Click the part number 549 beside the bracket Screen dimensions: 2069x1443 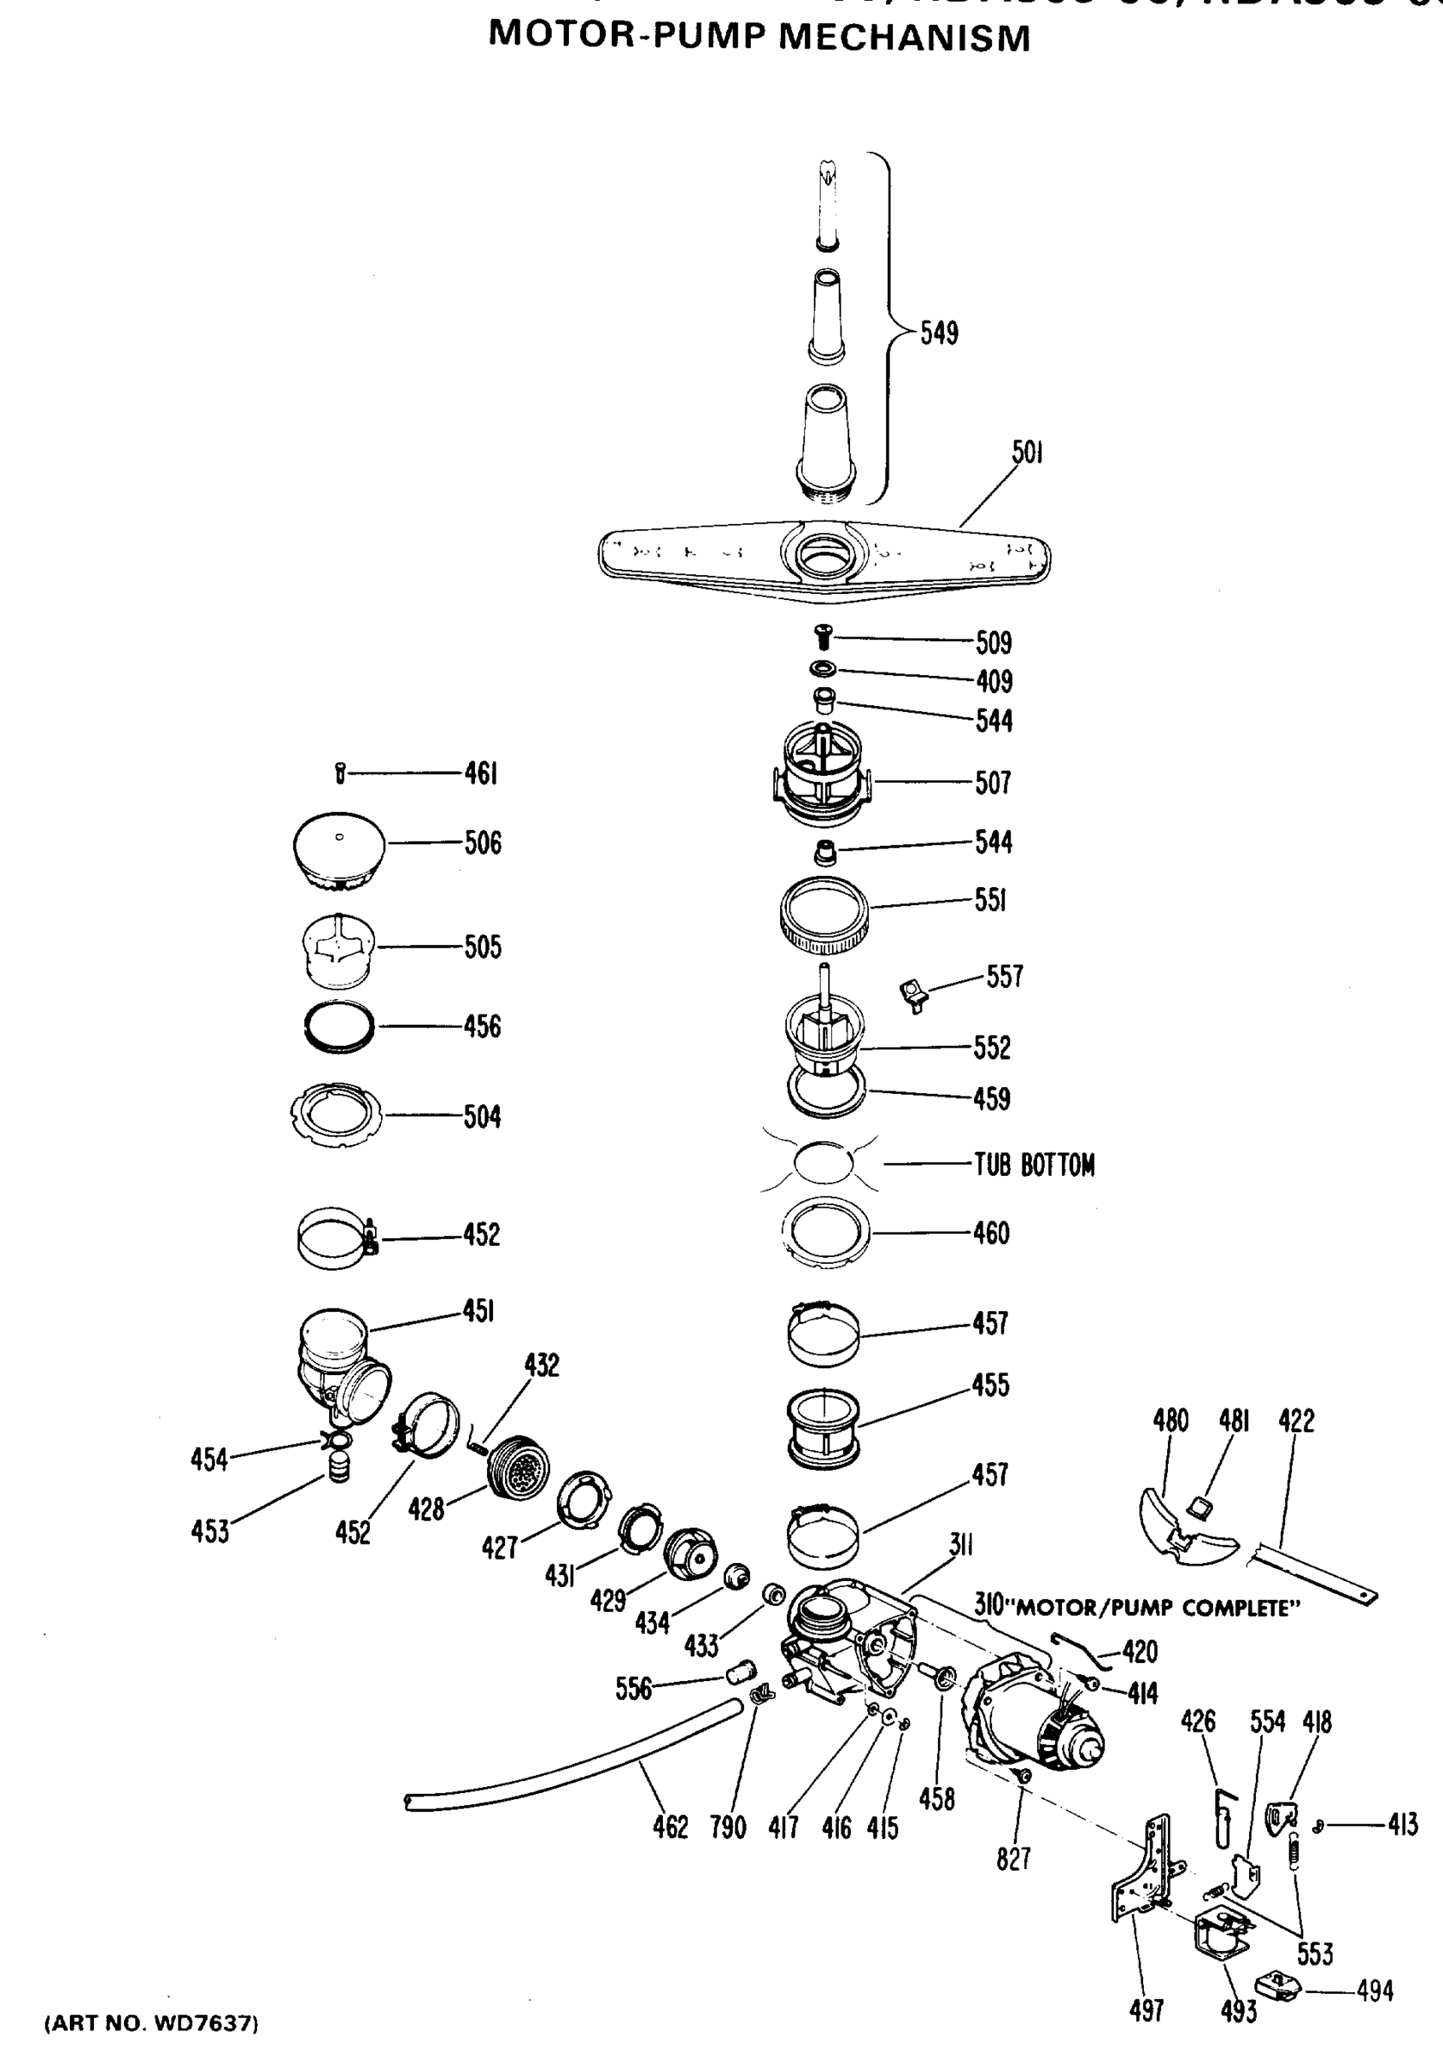click(x=940, y=334)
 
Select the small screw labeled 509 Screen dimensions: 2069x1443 click(x=822, y=639)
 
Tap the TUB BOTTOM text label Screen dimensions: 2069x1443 click(x=1034, y=1166)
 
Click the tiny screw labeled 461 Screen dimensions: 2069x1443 click(x=340, y=773)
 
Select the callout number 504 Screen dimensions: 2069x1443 click(x=482, y=1117)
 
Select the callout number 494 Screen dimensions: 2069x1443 click(x=1375, y=1991)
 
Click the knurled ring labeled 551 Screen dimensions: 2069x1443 click(x=824, y=916)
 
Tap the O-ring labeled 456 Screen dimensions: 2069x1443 click(x=339, y=1027)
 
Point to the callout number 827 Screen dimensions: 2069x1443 click(x=1013, y=1858)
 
